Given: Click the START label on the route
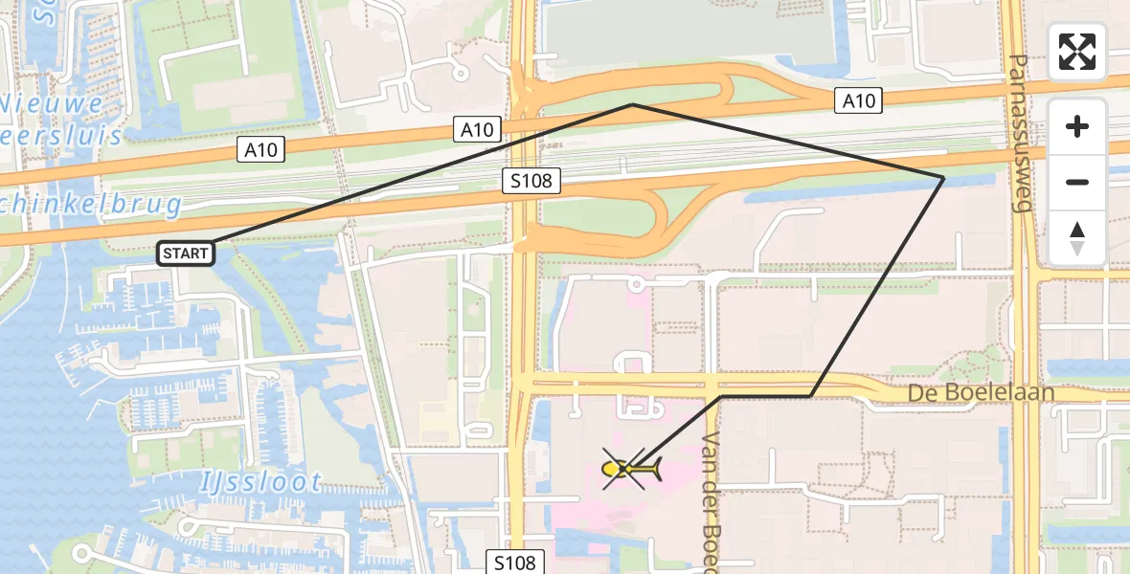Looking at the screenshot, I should pos(185,254).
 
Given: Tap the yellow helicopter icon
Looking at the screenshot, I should pos(631,469).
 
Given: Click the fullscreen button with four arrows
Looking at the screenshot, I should pos(1077,52).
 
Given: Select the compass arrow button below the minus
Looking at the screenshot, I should pos(1077,237).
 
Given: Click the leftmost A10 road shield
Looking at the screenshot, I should pos(260,149).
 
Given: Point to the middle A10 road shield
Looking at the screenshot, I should pos(477,130).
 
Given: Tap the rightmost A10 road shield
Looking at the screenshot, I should pos(858,99).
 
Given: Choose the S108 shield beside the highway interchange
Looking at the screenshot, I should pos(531,181).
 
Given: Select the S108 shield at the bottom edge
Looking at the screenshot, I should pos(515,563).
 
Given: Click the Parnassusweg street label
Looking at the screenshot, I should pos(1019,131).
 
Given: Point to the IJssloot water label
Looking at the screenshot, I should pos(261,481).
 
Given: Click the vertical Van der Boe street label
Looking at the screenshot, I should pos(712,497).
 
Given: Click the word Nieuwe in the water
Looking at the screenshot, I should pos(52,103).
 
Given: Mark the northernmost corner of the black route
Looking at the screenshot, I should pos(633,104).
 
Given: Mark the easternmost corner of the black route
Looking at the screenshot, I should pos(943,178).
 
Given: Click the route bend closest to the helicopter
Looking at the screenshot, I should pos(721,395).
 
